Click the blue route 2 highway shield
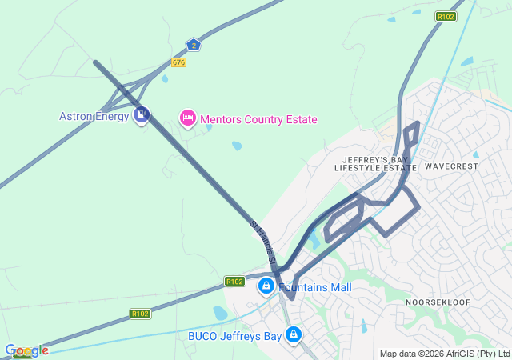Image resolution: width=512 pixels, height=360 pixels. point(193,45)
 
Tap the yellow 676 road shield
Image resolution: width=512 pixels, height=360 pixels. point(178,62)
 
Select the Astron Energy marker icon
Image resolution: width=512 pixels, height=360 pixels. point(142,115)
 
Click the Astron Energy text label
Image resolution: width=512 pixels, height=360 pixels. point(94,116)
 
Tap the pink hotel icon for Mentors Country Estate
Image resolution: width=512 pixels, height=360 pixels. point(187,118)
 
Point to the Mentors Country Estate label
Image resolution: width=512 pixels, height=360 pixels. point(258,119)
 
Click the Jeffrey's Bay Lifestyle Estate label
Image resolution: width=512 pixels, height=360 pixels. point(375,164)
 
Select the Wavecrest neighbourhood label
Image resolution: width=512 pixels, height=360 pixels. point(451,166)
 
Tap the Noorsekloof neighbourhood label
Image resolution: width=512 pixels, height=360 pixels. point(438,302)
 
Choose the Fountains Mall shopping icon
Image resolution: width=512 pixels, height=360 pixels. point(266,286)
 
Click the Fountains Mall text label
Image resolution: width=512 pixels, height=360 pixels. point(314,287)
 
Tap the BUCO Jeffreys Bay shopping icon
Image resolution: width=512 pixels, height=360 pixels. point(294,334)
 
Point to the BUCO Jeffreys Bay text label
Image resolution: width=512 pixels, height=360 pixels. point(234,336)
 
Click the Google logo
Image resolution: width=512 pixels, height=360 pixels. point(26,350)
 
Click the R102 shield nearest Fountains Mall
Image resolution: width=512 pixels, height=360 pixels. point(234,282)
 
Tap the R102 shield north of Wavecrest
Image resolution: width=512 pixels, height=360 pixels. point(446,16)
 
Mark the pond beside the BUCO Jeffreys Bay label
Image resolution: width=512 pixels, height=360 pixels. point(220,313)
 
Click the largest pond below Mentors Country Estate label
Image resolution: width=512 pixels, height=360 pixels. point(237,146)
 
